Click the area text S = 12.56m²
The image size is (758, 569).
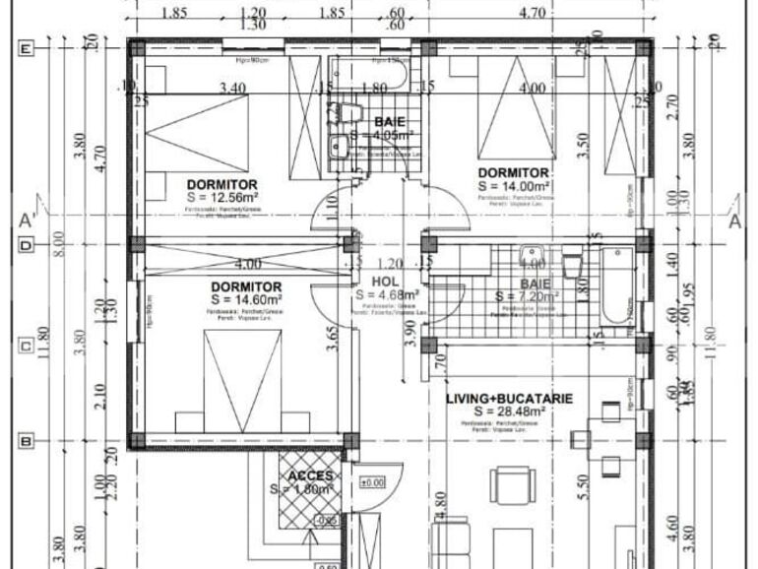tap(221, 197)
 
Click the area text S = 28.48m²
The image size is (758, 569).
tap(511, 411)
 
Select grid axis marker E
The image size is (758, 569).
tap(27, 48)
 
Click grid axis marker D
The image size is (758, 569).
tap(27, 244)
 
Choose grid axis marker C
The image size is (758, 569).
tap(27, 345)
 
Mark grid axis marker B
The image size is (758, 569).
tap(27, 441)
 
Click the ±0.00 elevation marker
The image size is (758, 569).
tap(372, 482)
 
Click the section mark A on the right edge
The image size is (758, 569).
tap(733, 221)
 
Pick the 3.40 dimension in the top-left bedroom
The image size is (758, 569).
tap(232, 89)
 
